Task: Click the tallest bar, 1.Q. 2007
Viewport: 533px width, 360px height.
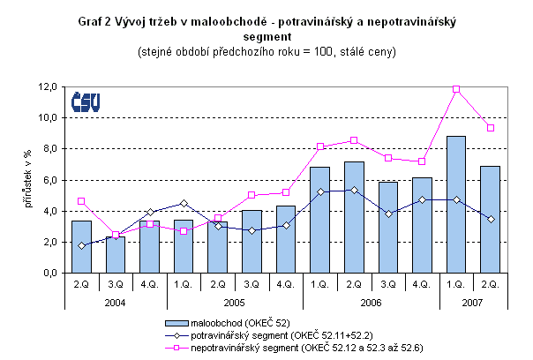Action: (x=456, y=205)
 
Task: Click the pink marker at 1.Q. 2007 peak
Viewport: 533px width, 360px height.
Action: (x=456, y=89)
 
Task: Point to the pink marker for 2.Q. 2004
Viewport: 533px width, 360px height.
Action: (x=81, y=201)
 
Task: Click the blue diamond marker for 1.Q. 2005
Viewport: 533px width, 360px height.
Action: (x=184, y=204)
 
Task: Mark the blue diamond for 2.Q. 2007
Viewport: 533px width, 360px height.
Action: (x=490, y=219)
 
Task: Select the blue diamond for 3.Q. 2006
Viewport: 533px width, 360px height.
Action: (x=387, y=214)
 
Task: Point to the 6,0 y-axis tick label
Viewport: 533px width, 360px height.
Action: (x=49, y=180)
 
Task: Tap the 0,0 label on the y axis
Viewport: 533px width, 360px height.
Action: (x=49, y=274)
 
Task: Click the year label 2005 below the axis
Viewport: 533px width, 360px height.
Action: (x=234, y=301)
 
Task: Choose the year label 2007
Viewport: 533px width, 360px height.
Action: (x=473, y=301)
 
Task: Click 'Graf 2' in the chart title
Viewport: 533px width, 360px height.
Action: (x=97, y=21)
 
